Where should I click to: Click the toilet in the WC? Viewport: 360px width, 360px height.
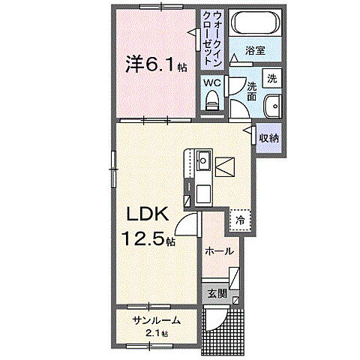[211, 98]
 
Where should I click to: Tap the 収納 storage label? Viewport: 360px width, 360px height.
[270, 137]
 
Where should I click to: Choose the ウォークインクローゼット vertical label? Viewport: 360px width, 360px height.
[212, 39]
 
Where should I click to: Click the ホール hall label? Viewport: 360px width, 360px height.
[218, 251]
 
